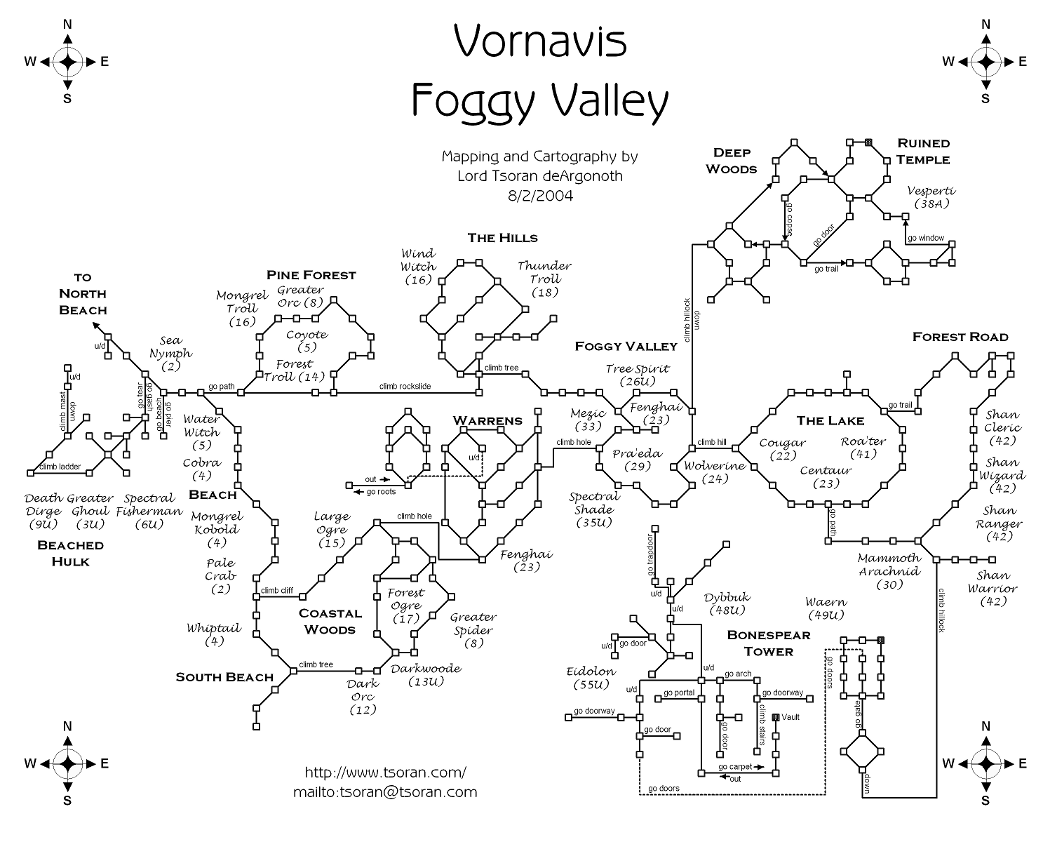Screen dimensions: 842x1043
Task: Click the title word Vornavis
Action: tap(539, 42)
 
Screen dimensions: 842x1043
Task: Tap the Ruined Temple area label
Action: tap(923, 151)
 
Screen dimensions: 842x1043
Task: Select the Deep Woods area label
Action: tap(732, 161)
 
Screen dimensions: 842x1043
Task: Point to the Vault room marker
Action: tap(776, 717)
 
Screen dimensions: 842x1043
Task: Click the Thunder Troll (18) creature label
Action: tap(544, 279)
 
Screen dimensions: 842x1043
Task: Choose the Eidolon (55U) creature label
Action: tap(591, 678)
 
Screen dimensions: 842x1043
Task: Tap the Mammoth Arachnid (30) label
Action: tap(889, 571)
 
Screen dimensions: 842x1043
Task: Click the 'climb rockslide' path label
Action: tap(405, 387)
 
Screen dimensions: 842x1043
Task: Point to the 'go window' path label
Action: tap(926, 239)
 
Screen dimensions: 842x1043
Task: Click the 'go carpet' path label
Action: tap(735, 767)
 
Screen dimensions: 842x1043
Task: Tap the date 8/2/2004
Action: tap(539, 195)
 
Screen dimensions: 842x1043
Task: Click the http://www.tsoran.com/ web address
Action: tap(385, 773)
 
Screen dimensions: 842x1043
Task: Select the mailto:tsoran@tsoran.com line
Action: tap(385, 792)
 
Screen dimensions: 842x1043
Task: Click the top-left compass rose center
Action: tap(67, 62)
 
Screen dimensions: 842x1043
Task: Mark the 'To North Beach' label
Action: tap(83, 293)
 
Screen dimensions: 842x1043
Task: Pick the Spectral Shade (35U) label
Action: tap(593, 509)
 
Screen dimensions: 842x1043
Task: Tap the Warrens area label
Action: tap(487, 421)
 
